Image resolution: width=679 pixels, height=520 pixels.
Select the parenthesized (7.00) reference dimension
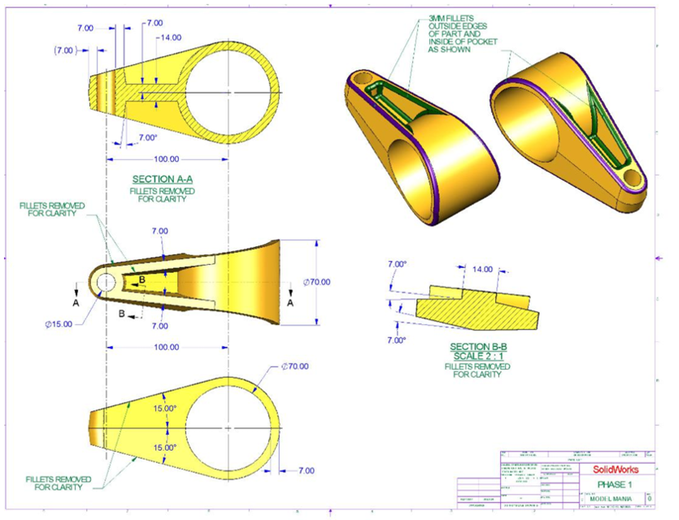[x=66, y=50]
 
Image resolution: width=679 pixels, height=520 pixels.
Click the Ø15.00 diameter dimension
[x=59, y=323]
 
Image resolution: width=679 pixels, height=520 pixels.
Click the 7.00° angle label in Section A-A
[x=147, y=138]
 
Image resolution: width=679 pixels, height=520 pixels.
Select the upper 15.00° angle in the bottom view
[x=165, y=409]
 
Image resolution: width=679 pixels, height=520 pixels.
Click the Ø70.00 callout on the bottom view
[x=294, y=366]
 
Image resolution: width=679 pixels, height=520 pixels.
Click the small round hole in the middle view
[x=106, y=281]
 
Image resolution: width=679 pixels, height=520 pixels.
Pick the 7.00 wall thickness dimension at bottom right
[x=306, y=471]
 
